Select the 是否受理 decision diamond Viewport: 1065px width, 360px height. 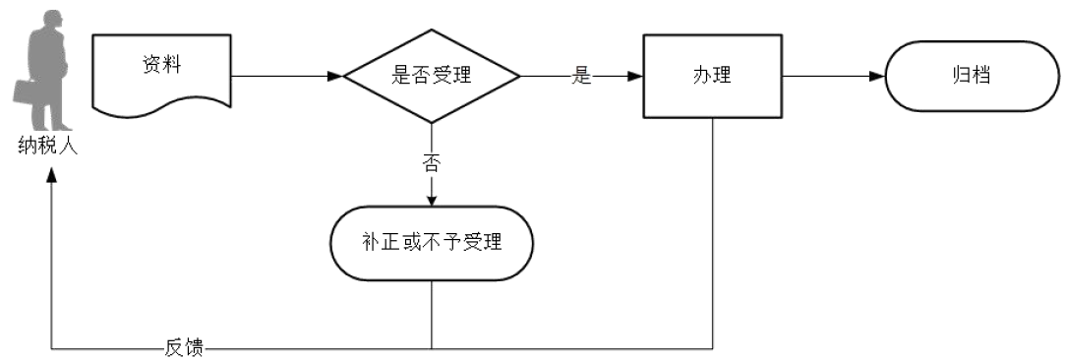432,77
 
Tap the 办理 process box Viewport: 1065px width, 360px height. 712,76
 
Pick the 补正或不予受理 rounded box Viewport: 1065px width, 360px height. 432,242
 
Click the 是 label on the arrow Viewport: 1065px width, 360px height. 582,77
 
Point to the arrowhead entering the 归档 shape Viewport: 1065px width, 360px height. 878,77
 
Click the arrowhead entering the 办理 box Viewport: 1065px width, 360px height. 636,77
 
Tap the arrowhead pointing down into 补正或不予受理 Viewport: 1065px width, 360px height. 432,200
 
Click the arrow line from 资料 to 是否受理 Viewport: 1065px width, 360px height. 285,77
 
